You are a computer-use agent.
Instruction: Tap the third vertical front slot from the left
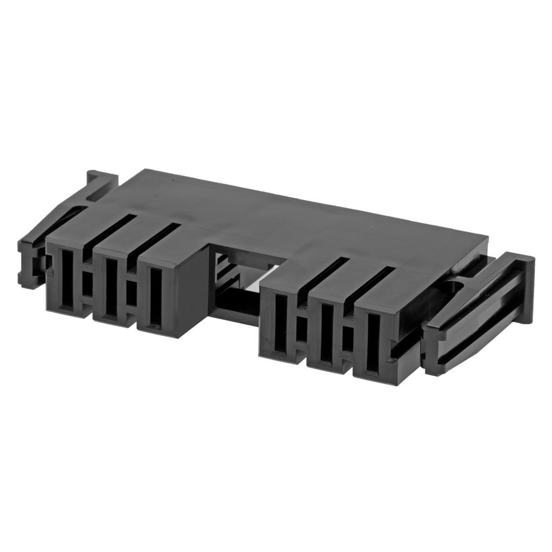click(x=155, y=297)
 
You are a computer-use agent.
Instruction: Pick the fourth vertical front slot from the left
click(x=280, y=323)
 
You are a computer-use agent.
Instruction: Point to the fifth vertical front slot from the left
click(x=326, y=332)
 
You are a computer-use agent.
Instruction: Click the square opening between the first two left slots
click(x=87, y=284)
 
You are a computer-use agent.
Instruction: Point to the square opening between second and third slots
click(x=132, y=292)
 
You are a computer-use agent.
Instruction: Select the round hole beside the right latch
click(x=454, y=286)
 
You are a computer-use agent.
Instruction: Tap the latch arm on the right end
click(x=474, y=313)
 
